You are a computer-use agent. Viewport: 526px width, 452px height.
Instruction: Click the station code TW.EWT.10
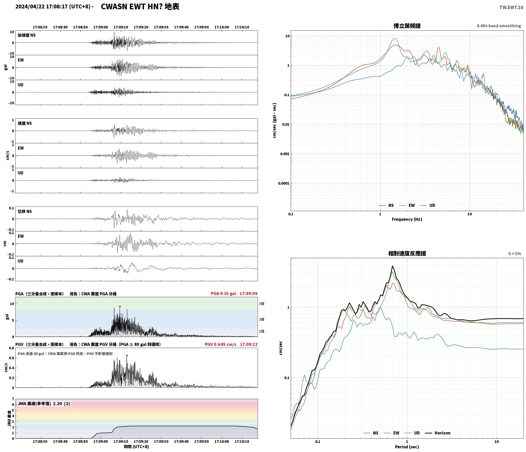pos(511,7)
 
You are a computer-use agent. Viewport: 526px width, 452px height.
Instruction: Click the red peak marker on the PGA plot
pos(120,306)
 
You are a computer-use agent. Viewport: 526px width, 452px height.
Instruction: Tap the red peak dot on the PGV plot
pos(127,355)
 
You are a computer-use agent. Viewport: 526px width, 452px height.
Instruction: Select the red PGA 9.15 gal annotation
pos(223,294)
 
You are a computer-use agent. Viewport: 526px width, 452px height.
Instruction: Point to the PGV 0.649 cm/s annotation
pos(220,344)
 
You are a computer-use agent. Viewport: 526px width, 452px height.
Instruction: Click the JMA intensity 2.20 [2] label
pos(44,403)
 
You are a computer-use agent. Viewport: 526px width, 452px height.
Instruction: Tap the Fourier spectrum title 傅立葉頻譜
pos(407,26)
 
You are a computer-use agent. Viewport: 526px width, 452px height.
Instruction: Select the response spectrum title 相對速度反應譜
pos(407,253)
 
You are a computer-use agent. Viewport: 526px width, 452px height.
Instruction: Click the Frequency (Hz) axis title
pos(407,219)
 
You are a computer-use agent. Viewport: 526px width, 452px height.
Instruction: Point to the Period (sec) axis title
pos(407,447)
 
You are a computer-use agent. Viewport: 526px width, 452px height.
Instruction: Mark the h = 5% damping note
pos(515,254)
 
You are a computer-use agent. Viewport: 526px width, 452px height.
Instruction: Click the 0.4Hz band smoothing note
pos(499,26)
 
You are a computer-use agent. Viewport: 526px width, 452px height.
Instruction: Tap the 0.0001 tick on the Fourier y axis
pos(284,183)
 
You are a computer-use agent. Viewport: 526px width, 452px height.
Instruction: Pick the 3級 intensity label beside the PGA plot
pos(261,304)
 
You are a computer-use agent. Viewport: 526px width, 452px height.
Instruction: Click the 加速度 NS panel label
pos(27,35)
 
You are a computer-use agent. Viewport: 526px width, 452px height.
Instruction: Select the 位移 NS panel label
pos(25,211)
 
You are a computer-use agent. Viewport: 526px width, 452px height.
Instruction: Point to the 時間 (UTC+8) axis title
pos(136,447)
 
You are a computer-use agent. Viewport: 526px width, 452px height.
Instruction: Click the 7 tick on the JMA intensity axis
pos(13,399)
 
